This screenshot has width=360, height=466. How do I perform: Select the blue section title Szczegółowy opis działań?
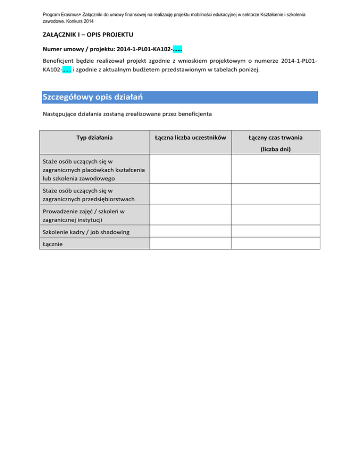[92, 97]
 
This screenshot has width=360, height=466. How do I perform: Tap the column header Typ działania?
[94, 137]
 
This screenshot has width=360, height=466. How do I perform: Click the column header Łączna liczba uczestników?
[190, 137]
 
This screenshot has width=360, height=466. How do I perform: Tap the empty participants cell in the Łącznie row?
[190, 244]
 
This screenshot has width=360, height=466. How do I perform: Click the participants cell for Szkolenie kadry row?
[190, 232]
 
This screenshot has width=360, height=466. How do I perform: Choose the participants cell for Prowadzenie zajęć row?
[190, 216]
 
